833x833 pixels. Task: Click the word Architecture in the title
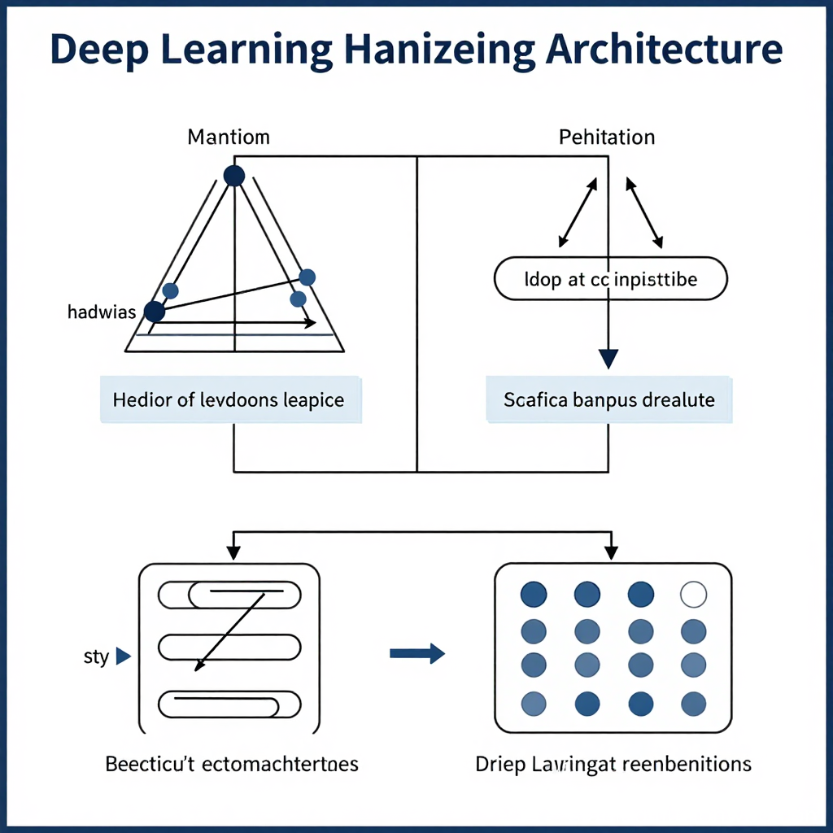664,50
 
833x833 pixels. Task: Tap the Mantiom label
229,137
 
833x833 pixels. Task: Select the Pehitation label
607,137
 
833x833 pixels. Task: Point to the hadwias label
102,312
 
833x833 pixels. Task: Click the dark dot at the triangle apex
234,175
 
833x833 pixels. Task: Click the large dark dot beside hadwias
154,311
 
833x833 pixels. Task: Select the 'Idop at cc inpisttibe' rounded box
611,280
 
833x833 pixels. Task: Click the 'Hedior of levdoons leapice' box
229,399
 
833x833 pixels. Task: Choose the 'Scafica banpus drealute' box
609,399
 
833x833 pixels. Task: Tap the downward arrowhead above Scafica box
608,358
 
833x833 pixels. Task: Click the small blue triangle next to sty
124,656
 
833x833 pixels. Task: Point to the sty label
96,656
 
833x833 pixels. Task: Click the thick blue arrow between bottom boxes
416,652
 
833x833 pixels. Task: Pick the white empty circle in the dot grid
693,595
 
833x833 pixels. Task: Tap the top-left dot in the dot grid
534,595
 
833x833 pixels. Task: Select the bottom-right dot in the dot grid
693,703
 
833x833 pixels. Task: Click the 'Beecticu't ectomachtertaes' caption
232,765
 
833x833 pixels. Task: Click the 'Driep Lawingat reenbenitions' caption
613,765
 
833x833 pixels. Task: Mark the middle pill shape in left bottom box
228,648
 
